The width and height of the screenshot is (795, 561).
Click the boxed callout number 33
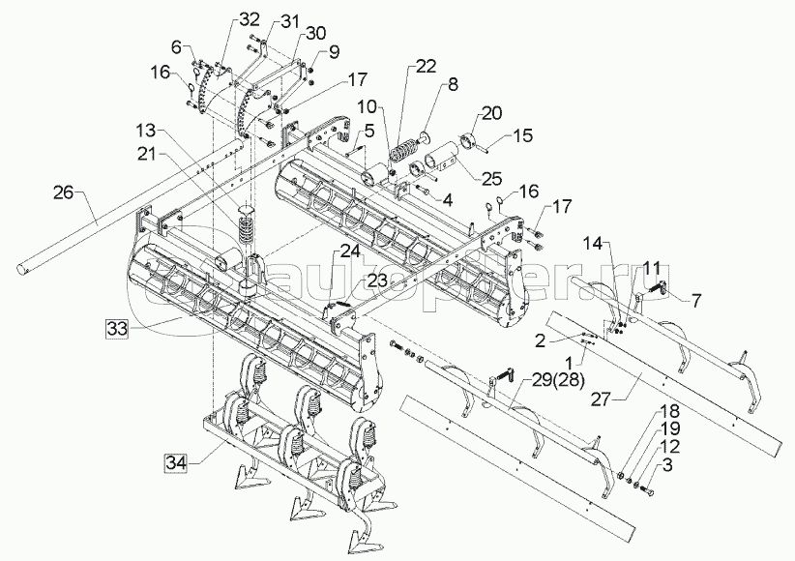coord(117,328)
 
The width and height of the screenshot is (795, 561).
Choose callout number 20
coord(492,112)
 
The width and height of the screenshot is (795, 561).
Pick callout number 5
coord(369,129)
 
